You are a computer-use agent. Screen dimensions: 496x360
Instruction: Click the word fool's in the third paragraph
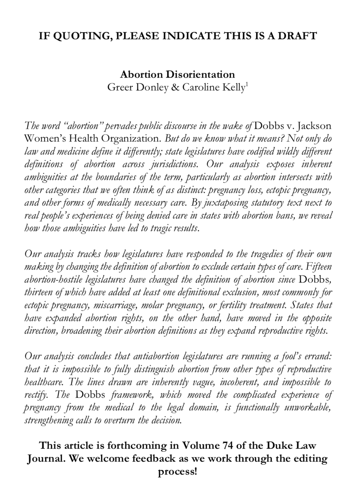(x=286, y=357)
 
